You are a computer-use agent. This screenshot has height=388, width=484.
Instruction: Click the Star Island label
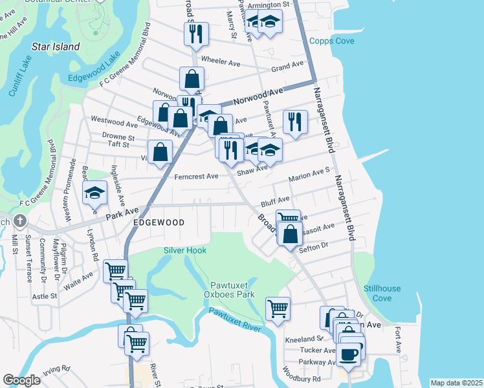click(56, 47)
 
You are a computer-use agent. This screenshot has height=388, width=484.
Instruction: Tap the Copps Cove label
click(332, 41)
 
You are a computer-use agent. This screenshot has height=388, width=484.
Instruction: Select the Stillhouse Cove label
click(382, 293)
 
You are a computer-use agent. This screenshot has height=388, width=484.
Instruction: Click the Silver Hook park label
click(186, 250)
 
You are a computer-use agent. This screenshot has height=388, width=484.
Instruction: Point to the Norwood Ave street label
click(258, 96)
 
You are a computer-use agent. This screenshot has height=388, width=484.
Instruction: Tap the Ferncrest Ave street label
click(196, 176)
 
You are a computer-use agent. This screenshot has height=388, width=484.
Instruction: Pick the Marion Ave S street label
click(309, 176)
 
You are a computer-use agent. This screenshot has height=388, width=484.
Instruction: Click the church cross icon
click(20, 221)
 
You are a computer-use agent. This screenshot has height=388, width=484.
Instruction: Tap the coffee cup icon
click(349, 354)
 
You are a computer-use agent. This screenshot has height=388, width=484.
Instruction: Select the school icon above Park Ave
click(95, 192)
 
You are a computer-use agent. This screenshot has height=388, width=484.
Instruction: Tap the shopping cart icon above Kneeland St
click(278, 308)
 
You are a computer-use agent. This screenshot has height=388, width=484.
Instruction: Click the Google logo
click(21, 380)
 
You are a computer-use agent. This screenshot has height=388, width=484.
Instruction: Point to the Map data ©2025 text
click(456, 383)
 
